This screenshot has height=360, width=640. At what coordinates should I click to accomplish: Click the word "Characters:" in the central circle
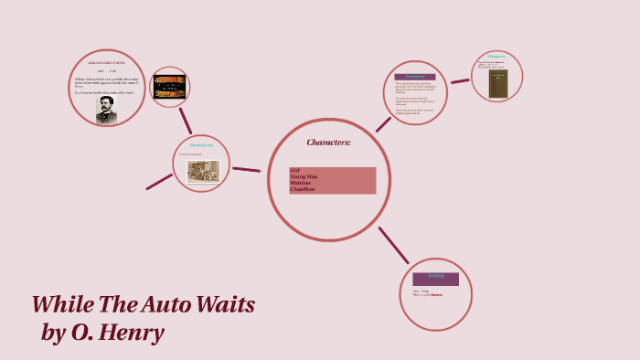[x=328, y=143]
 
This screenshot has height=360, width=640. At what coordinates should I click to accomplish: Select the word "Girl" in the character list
[x=294, y=171]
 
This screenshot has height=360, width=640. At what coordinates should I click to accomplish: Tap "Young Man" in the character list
[x=304, y=176]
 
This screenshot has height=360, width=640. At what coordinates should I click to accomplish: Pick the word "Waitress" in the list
[x=301, y=183]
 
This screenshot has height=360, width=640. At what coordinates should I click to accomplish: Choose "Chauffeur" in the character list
[x=303, y=189]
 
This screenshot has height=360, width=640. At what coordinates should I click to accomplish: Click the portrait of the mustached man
[x=107, y=110]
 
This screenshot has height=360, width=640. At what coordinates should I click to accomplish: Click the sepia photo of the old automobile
[x=203, y=171]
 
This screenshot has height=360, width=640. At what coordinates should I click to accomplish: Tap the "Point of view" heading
[x=201, y=145]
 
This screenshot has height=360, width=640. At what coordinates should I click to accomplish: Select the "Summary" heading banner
[x=415, y=77]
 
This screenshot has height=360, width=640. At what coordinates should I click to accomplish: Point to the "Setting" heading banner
[x=435, y=276]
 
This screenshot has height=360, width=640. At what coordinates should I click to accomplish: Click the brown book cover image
[x=498, y=84]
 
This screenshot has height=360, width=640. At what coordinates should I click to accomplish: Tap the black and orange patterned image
[x=169, y=87]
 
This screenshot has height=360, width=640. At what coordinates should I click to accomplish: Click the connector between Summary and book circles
[x=460, y=81]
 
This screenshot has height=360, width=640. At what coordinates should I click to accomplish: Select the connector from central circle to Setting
[x=394, y=246]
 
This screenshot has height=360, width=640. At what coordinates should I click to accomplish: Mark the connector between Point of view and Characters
[x=246, y=169]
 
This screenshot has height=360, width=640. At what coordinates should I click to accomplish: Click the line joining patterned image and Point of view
[x=186, y=121]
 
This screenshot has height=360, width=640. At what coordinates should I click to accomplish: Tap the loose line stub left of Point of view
[x=159, y=181]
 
